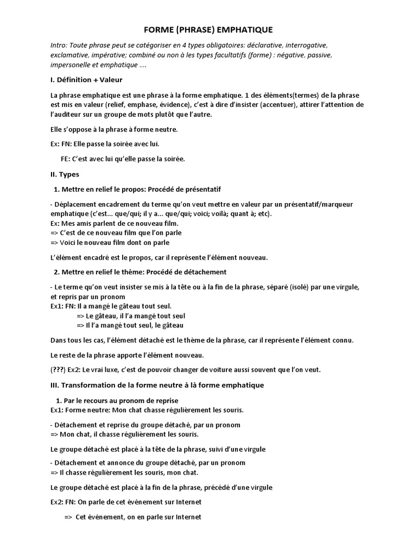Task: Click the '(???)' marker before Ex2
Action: [x=58, y=370]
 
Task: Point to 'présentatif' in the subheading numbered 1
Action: [x=201, y=189]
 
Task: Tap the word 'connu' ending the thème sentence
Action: [x=341, y=340]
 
